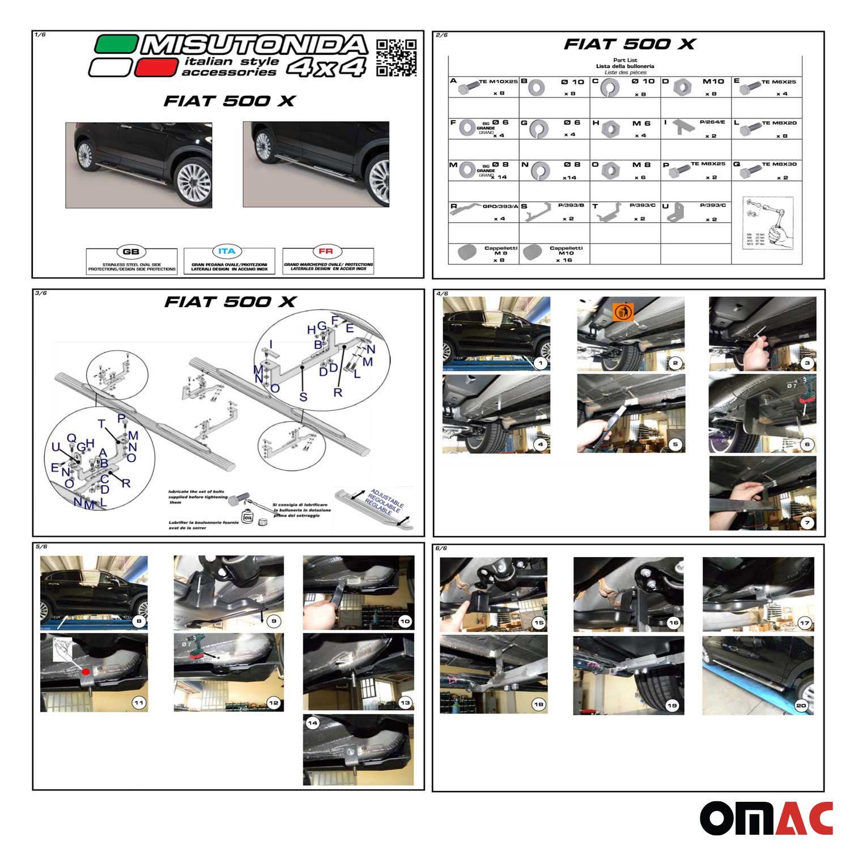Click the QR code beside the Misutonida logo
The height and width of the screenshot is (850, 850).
pos(396,57)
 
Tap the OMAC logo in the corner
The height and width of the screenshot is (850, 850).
pos(766,818)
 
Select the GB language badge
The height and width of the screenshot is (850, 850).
pos(131,252)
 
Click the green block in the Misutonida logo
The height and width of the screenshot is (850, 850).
pos(116,44)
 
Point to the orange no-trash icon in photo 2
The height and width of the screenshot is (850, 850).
pos(623,312)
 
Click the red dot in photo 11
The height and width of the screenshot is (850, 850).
pos(86,672)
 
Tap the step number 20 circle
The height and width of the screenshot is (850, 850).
pos(801,705)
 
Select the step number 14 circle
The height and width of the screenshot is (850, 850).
pos(312,724)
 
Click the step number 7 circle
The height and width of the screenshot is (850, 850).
pos(807,522)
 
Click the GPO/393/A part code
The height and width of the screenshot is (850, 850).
pos(500,207)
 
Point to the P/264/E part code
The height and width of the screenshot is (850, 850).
pos(712,122)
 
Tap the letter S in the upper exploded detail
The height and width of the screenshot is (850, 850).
pos(303,397)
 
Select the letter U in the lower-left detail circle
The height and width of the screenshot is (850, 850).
pos(56,448)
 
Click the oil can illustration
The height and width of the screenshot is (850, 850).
pos(248,516)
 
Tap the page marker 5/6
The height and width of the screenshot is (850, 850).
pos(41,547)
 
